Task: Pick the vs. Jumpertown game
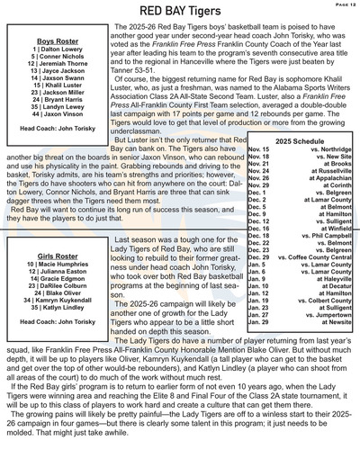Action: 328,346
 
